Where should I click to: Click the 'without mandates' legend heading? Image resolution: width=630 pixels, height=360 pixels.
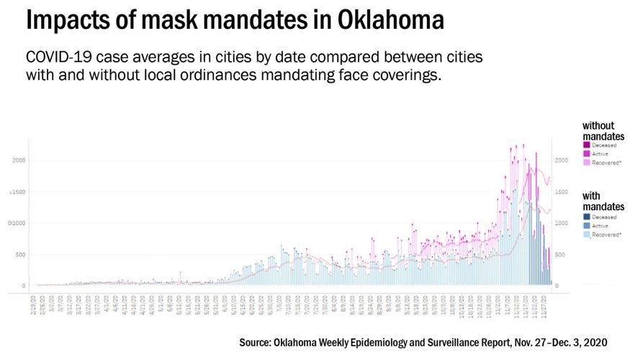[599, 130]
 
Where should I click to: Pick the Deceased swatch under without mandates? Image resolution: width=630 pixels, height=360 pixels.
[586, 145]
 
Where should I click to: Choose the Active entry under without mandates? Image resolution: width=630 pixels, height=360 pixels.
[586, 153]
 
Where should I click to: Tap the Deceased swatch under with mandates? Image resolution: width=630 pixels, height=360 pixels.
[586, 217]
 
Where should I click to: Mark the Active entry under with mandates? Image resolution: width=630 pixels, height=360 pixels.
[586, 226]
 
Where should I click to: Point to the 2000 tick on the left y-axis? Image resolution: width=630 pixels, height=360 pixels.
[18, 160]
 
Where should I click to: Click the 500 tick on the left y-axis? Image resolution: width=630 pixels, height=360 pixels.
[19, 255]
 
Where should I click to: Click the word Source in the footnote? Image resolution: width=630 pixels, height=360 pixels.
[258, 343]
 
